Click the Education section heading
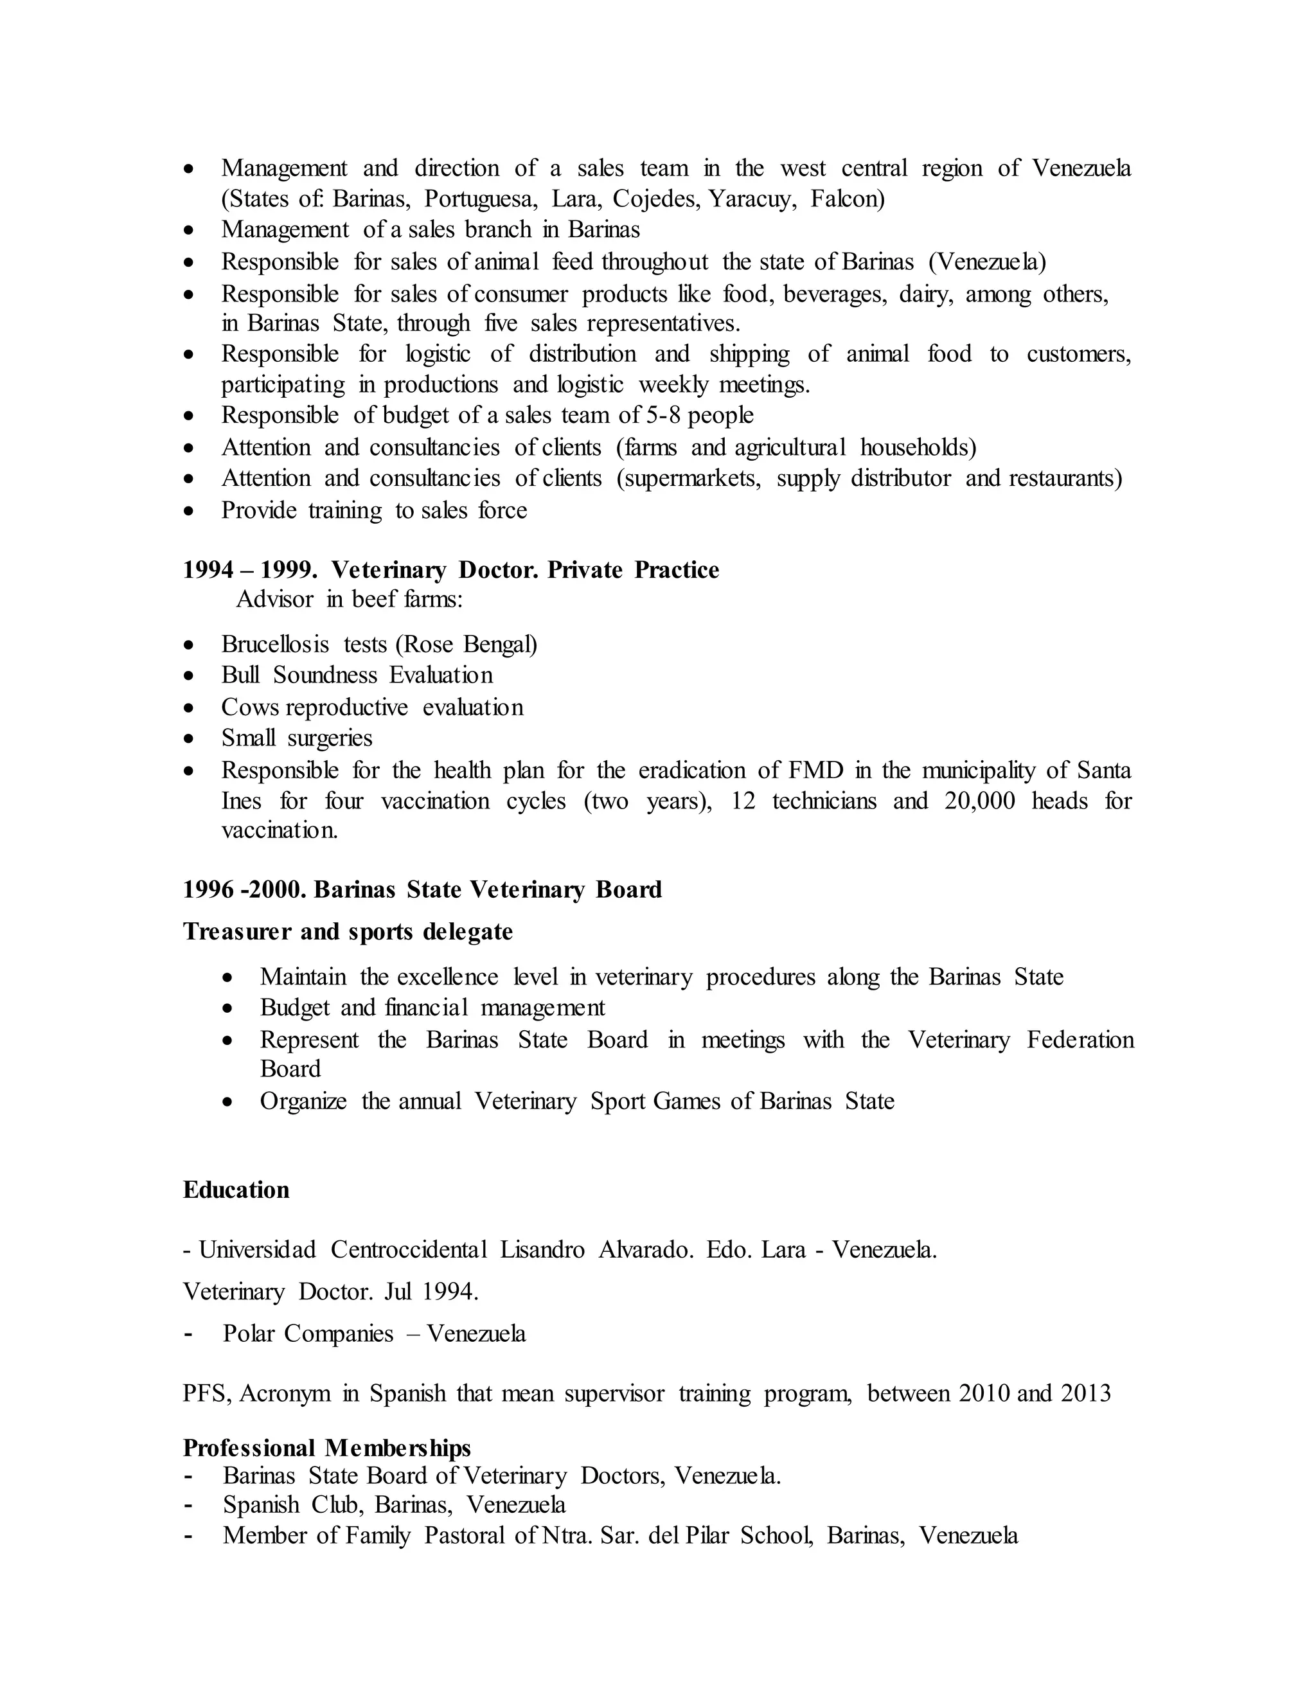[235, 1189]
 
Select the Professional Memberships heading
[326, 1447]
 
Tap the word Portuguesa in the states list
[480, 199]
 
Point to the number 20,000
[979, 801]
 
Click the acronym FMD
[815, 771]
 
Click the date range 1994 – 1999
[249, 570]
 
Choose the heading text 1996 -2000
[244, 889]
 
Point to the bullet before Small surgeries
[189, 738]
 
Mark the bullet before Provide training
[189, 511]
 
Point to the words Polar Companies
[308, 1333]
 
